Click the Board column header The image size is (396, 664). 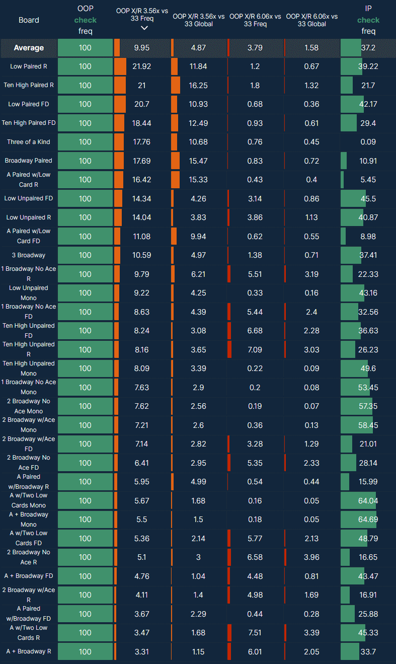29,20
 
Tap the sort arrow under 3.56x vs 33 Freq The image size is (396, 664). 144,28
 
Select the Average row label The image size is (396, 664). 29,48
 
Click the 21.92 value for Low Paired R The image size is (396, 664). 142,66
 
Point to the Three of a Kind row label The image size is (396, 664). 29,142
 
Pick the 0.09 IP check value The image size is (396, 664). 368,142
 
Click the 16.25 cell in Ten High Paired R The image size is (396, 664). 199,86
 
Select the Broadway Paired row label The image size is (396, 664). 29,161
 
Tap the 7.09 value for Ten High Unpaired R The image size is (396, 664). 255,349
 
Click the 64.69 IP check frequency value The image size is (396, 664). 368,519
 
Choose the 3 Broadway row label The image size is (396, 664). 29,255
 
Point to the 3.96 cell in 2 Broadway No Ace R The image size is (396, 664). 311,557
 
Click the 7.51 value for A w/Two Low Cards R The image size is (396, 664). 255,632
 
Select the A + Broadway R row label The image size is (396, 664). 29,651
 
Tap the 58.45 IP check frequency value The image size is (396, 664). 368,425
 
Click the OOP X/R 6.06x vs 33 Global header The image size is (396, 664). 312,20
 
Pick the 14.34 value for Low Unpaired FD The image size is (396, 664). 142,198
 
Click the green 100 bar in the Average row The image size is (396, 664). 86,48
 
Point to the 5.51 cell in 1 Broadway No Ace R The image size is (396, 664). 255,274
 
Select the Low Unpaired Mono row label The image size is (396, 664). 29,292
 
